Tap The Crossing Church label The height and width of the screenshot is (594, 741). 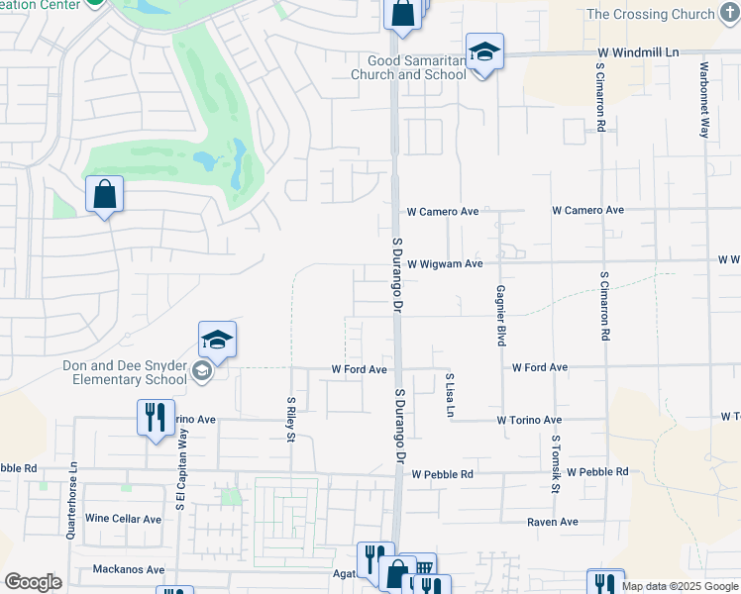(664, 14)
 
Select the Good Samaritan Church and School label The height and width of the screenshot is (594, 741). (410, 67)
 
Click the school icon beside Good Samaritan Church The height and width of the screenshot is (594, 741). (484, 52)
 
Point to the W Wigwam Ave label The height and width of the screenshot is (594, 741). (444, 263)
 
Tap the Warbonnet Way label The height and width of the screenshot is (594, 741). (703, 100)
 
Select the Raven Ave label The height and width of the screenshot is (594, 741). (553, 522)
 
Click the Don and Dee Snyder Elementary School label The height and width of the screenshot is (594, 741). (124, 371)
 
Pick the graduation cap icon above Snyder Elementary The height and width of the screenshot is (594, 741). (217, 341)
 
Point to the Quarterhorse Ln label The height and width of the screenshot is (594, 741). (71, 503)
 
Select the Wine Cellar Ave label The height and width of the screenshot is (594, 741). (124, 519)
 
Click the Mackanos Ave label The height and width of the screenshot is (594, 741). (128, 569)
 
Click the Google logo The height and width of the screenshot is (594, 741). (33, 582)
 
